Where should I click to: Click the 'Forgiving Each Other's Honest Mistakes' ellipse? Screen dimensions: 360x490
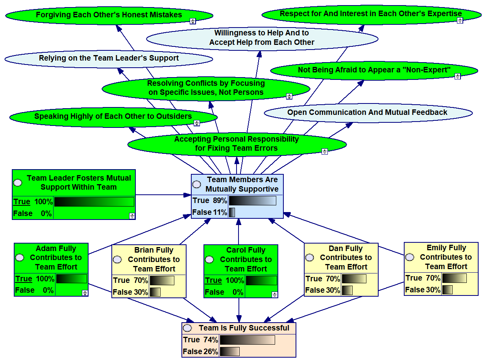(x=109, y=15)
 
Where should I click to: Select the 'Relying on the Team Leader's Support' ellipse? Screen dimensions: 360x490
(x=109, y=59)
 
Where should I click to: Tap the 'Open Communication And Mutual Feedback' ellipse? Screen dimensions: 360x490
(x=367, y=113)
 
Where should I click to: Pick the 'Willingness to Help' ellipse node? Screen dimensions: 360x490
(x=262, y=38)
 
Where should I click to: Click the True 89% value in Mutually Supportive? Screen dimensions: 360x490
(x=209, y=201)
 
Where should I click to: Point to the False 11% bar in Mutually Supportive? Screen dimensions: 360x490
(x=232, y=212)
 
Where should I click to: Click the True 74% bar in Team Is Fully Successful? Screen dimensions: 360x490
(x=247, y=340)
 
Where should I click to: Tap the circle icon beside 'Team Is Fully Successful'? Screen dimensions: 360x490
(x=188, y=328)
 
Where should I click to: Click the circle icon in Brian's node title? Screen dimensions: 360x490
(x=117, y=260)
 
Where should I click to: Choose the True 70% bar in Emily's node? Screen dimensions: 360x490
(x=454, y=278)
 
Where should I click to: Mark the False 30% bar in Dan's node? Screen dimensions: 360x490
(x=347, y=290)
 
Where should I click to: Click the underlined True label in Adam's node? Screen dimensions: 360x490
(x=24, y=279)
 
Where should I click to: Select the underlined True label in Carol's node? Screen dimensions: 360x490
(x=213, y=281)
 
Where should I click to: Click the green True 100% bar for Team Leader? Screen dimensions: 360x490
(x=94, y=202)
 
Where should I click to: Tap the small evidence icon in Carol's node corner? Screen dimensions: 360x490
(x=274, y=294)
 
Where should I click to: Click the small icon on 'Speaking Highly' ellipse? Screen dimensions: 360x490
(x=197, y=123)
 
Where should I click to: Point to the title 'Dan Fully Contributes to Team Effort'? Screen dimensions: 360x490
(x=346, y=258)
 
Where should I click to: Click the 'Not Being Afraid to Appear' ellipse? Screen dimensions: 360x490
(x=374, y=70)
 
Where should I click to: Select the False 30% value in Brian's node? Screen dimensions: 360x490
(x=130, y=292)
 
